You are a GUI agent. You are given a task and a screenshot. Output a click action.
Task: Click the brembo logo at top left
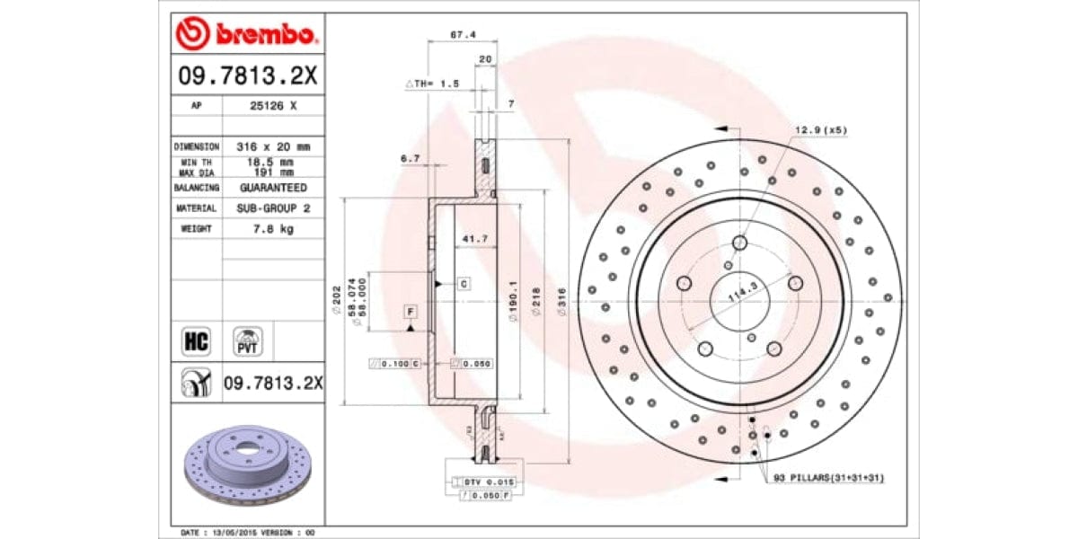(246, 34)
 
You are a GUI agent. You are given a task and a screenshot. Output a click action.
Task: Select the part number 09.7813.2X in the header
(246, 75)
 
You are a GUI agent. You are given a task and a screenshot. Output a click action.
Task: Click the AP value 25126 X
(272, 105)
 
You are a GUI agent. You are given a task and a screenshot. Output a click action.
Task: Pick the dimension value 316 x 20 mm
(272, 146)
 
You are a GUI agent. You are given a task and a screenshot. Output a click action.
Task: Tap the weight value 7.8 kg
(272, 229)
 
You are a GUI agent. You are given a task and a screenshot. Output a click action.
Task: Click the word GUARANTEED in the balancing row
(272, 188)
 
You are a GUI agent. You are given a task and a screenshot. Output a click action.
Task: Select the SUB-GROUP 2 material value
(272, 208)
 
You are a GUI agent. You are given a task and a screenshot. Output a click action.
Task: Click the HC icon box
(195, 341)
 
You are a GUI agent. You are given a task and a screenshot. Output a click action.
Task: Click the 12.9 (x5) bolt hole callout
(819, 130)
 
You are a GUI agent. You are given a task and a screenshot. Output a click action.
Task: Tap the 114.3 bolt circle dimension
(739, 294)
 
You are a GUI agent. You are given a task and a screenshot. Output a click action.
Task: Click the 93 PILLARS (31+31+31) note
(828, 478)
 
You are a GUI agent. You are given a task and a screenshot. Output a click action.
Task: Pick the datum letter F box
(411, 312)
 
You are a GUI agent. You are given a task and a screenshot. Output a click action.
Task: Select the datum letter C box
(464, 284)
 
